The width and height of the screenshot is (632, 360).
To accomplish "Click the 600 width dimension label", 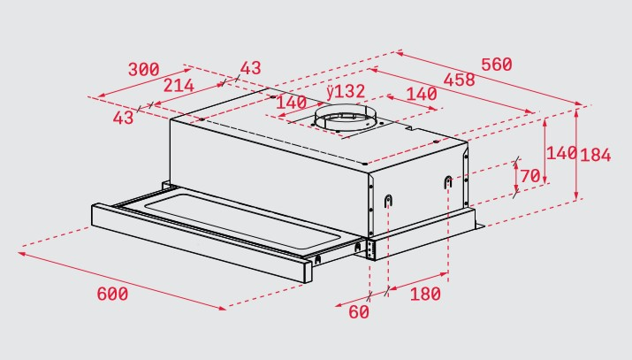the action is click(x=112, y=294).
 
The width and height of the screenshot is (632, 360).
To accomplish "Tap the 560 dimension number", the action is click(x=497, y=65).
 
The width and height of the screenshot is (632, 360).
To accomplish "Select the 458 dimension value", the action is click(x=459, y=80).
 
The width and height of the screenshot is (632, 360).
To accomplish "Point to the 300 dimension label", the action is click(x=144, y=69).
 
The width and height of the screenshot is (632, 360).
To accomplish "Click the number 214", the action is click(x=179, y=86).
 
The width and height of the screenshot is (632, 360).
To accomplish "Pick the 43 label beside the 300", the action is click(x=251, y=68).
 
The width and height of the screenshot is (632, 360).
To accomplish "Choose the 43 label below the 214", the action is click(x=123, y=118).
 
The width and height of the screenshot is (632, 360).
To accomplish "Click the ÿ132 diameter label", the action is click(x=346, y=91).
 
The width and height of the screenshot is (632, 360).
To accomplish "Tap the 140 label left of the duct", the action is click(x=292, y=103).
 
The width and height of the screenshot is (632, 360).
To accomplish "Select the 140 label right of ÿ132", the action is click(x=422, y=94).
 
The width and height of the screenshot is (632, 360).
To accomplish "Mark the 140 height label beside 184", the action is click(x=561, y=153).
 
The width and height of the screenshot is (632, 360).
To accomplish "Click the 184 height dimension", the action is click(x=596, y=155).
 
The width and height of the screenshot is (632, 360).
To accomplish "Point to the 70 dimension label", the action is click(x=530, y=176).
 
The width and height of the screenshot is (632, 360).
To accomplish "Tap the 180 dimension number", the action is click(x=425, y=294).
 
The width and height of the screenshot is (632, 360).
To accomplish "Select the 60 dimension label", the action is click(x=359, y=311).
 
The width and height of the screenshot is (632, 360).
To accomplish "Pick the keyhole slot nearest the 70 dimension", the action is click(x=448, y=182).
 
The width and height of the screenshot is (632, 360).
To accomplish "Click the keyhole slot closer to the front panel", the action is click(x=388, y=201).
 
